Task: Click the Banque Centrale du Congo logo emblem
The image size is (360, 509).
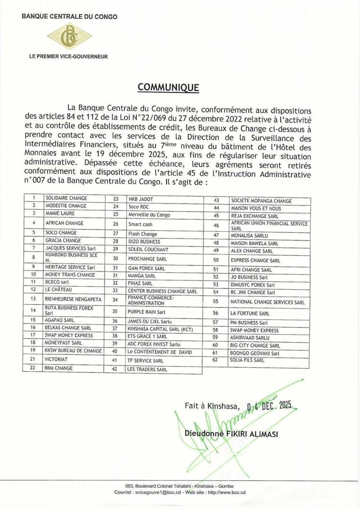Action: coord(70,36)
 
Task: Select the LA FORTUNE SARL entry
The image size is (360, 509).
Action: coord(250,313)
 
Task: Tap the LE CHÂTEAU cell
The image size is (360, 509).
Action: coord(59,289)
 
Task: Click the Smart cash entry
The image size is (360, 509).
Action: coord(141,223)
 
